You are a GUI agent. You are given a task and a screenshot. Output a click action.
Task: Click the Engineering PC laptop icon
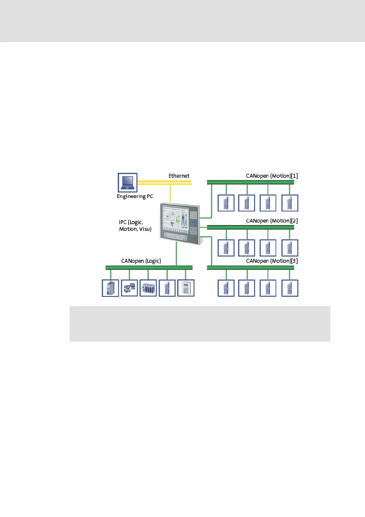tap(128, 182)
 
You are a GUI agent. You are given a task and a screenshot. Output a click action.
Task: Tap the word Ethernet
tap(179, 176)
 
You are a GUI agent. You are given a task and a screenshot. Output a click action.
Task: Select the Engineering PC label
tap(135, 196)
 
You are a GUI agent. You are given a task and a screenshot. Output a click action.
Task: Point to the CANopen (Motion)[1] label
tap(272, 176)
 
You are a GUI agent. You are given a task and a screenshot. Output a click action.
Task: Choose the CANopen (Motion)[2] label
tap(272, 221)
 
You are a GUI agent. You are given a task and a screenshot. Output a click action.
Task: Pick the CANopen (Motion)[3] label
tap(272, 261)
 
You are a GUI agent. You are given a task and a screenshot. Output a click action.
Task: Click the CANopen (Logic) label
tap(141, 261)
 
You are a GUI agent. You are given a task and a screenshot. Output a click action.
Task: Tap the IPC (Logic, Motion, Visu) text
tap(135, 226)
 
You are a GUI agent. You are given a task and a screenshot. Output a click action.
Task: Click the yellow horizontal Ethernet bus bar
tap(164, 183)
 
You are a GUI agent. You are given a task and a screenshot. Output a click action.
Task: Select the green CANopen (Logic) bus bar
tap(149, 268)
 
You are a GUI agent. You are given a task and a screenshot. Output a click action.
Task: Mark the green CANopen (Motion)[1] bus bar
tap(250, 182)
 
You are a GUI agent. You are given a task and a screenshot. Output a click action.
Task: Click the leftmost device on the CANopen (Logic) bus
tap(110, 288)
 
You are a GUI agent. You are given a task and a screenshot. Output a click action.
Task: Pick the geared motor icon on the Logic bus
tap(129, 288)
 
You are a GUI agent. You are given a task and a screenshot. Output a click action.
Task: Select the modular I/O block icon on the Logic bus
tap(148, 288)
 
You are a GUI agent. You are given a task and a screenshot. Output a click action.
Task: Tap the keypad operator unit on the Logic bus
tap(186, 288)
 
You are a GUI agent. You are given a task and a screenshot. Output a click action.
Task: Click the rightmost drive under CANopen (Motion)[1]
tap(290, 203)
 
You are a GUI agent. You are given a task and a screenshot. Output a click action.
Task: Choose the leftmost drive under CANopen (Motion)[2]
tap(226, 248)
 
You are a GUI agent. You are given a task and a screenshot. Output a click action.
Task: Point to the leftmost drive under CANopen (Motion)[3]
tap(226, 288)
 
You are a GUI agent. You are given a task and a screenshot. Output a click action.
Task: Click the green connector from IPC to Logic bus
tap(176, 254)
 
